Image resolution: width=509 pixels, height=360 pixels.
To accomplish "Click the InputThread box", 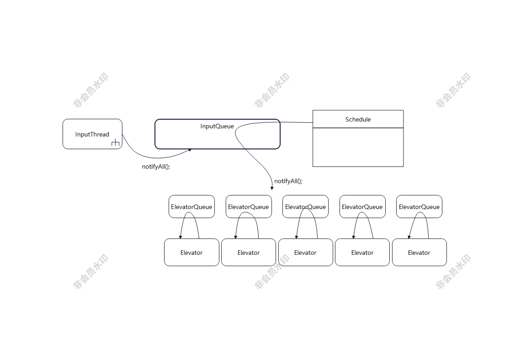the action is pos(92,134).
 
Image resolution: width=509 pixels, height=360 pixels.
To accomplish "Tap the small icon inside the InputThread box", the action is pos(115,142).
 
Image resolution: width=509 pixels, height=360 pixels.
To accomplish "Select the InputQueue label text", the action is pos(217,126).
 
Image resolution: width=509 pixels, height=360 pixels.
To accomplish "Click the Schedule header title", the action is pos(358,119).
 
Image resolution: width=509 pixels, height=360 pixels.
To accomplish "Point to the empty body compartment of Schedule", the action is pos(358,147).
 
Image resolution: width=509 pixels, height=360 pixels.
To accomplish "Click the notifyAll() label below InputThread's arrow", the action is pos(156,166).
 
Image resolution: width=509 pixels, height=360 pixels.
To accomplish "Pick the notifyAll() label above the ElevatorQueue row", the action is pos(288,181).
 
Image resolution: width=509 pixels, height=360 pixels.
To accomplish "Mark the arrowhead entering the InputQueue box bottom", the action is pos(190,150).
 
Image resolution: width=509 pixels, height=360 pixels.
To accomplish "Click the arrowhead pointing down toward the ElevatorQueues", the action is pos(272,188).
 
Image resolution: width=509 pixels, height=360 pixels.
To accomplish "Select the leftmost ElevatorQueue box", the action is pos(192,206).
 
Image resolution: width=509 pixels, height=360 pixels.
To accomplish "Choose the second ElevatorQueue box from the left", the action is pos(249,206).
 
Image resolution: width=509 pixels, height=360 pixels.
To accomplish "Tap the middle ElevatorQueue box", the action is pos(305,206).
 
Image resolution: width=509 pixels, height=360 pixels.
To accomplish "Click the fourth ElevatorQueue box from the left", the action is pos(362,206).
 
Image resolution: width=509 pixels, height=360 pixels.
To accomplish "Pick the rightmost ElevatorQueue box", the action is pos(419,206).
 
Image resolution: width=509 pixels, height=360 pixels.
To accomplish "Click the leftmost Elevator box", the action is pos(192,252).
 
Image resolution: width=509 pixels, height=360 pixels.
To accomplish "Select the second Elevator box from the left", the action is pos(249,252).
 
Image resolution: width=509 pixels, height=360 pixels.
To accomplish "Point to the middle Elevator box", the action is pos(305,252).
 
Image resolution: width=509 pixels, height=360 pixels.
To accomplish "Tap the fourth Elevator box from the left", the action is pos(362,252).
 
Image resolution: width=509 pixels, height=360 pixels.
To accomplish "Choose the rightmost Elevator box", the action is pos(419,252).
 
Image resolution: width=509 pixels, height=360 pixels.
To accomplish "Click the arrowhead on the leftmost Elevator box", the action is pos(180,237).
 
